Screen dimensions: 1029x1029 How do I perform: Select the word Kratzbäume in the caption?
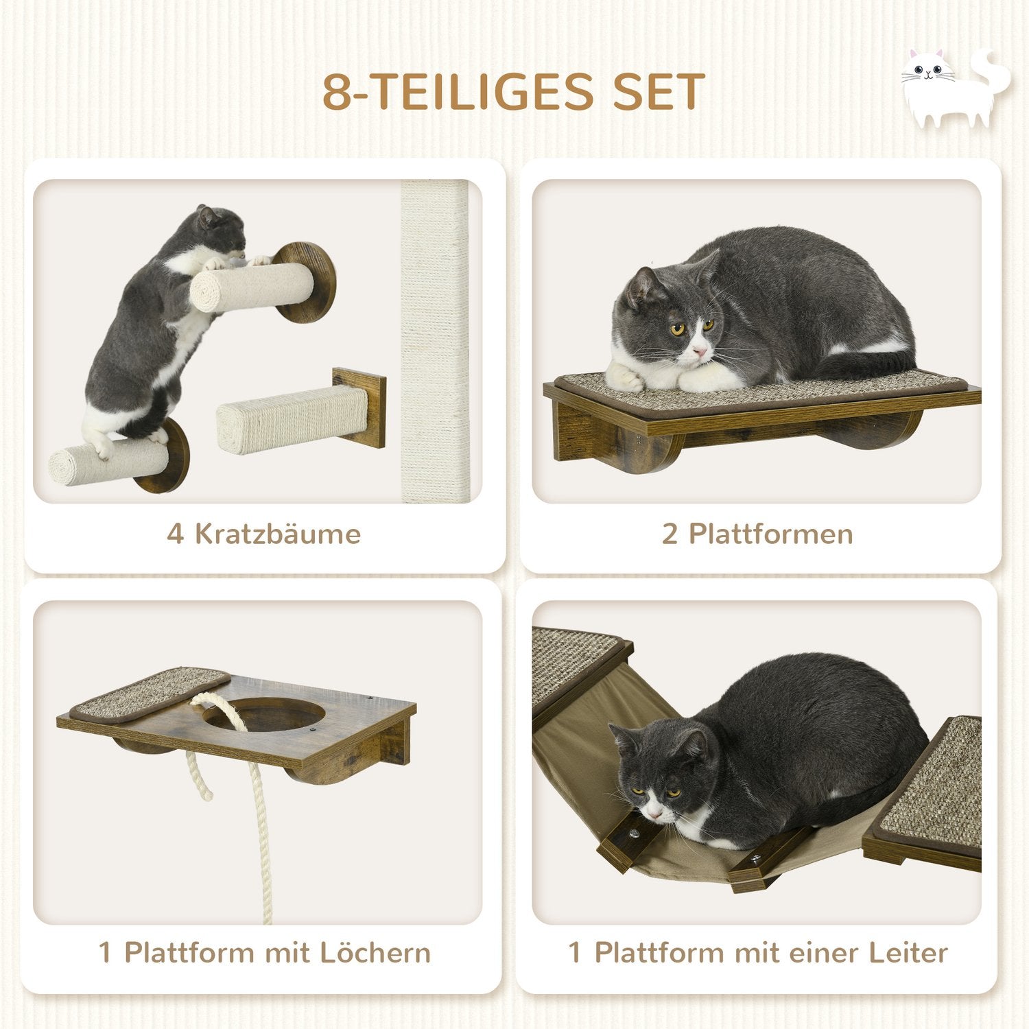[x=278, y=534]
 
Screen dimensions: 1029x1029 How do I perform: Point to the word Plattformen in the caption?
[x=771, y=534]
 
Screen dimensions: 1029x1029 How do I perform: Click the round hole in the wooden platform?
[x=264, y=715]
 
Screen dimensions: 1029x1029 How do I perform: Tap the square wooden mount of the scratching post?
[x=359, y=407]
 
